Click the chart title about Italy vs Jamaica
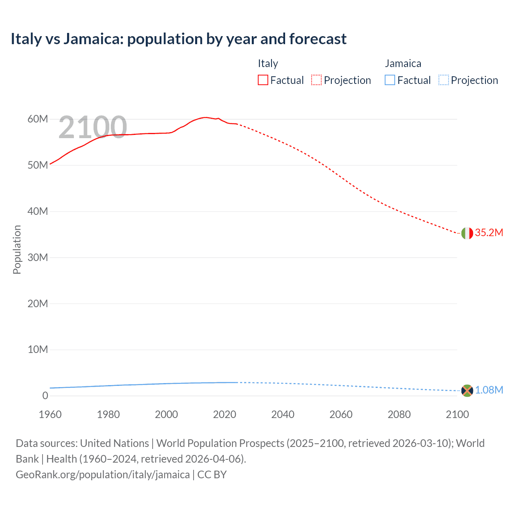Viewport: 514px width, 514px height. click(x=178, y=39)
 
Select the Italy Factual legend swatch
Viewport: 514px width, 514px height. click(x=263, y=80)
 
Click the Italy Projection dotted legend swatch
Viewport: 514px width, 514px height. click(x=316, y=80)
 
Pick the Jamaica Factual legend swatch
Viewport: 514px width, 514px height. click(x=390, y=80)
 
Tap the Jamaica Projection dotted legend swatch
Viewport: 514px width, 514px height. click(x=443, y=80)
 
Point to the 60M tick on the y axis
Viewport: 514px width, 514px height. click(x=38, y=119)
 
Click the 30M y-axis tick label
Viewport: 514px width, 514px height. click(x=38, y=257)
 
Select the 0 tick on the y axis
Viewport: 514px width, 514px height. click(x=45, y=396)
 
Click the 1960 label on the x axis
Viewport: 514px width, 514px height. click(x=50, y=414)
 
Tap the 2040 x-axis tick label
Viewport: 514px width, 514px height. click(x=283, y=414)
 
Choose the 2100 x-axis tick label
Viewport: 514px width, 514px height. click(x=457, y=414)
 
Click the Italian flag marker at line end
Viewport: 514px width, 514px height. click(x=467, y=233)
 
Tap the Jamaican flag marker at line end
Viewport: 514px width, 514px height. click(x=467, y=390)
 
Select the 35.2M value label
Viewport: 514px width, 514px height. click(x=489, y=233)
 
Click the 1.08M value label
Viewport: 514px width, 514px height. click(x=489, y=390)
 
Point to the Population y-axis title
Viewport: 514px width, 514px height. click(x=17, y=249)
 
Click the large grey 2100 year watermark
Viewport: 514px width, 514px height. click(x=93, y=127)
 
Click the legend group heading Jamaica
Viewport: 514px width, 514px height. click(x=403, y=63)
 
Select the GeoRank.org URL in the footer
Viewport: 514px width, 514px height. click(x=102, y=474)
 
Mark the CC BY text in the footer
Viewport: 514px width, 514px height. click(x=212, y=474)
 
